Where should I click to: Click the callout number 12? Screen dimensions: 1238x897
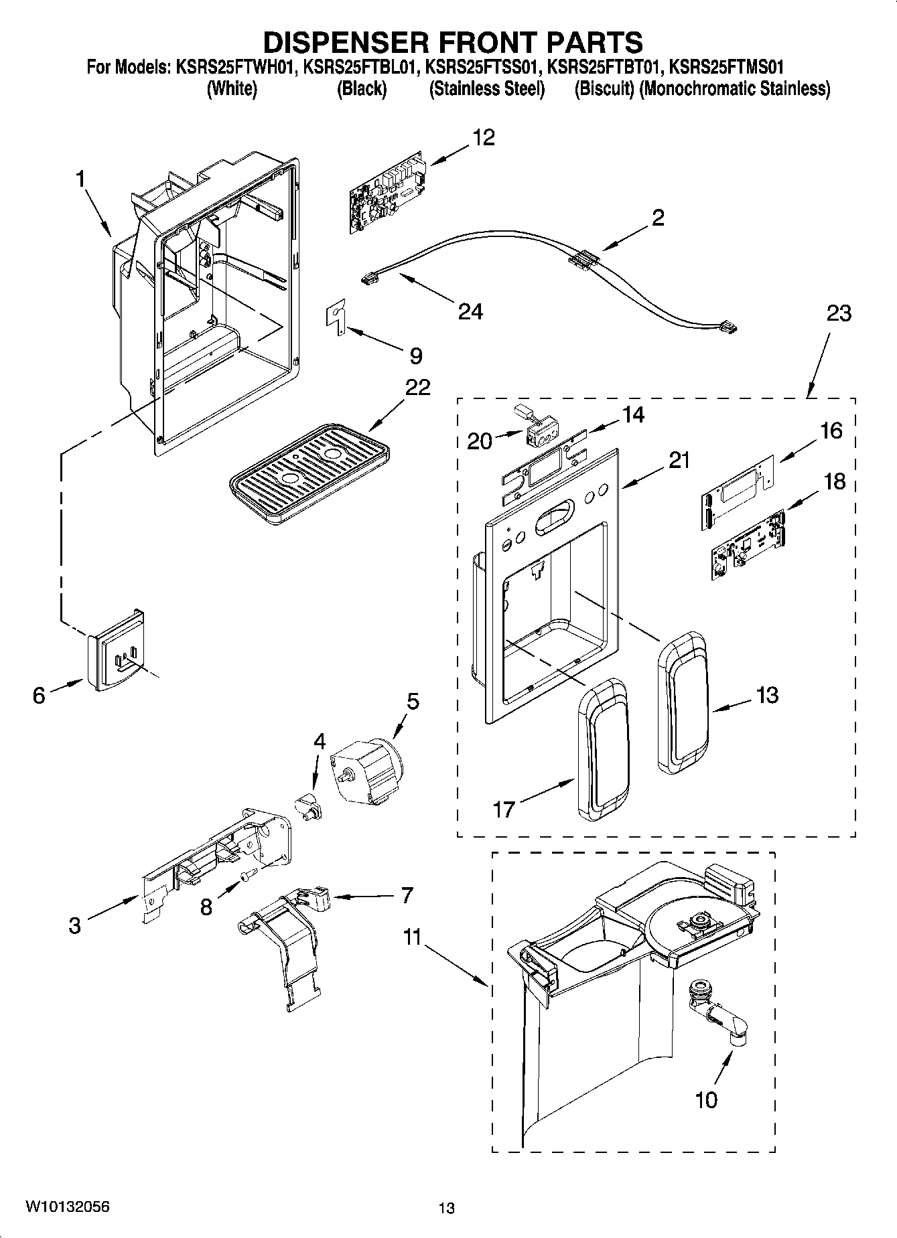pyautogui.click(x=483, y=138)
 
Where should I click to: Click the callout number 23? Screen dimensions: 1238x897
pyautogui.click(x=838, y=313)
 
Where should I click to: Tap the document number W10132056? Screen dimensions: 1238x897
pyautogui.click(x=68, y=1207)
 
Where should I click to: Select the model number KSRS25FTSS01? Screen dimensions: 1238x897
pyautogui.click(x=482, y=67)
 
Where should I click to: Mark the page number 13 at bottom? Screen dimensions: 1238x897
pyautogui.click(x=446, y=1208)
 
